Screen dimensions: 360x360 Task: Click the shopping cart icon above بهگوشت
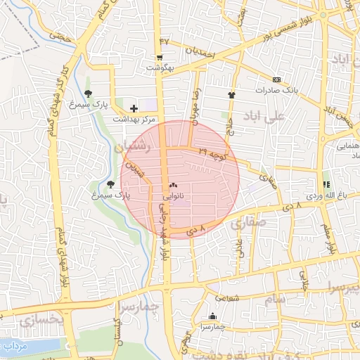coord(160,58)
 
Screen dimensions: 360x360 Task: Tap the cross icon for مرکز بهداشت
coord(134,108)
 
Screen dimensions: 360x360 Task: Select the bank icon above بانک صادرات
coord(276,80)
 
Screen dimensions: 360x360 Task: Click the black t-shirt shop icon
coord(231,94)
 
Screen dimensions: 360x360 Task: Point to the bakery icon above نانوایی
coord(173,186)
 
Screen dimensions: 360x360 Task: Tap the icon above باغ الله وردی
coord(326,184)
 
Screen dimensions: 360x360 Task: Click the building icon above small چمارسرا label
coord(212,316)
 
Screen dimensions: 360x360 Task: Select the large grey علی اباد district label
coord(264,115)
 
